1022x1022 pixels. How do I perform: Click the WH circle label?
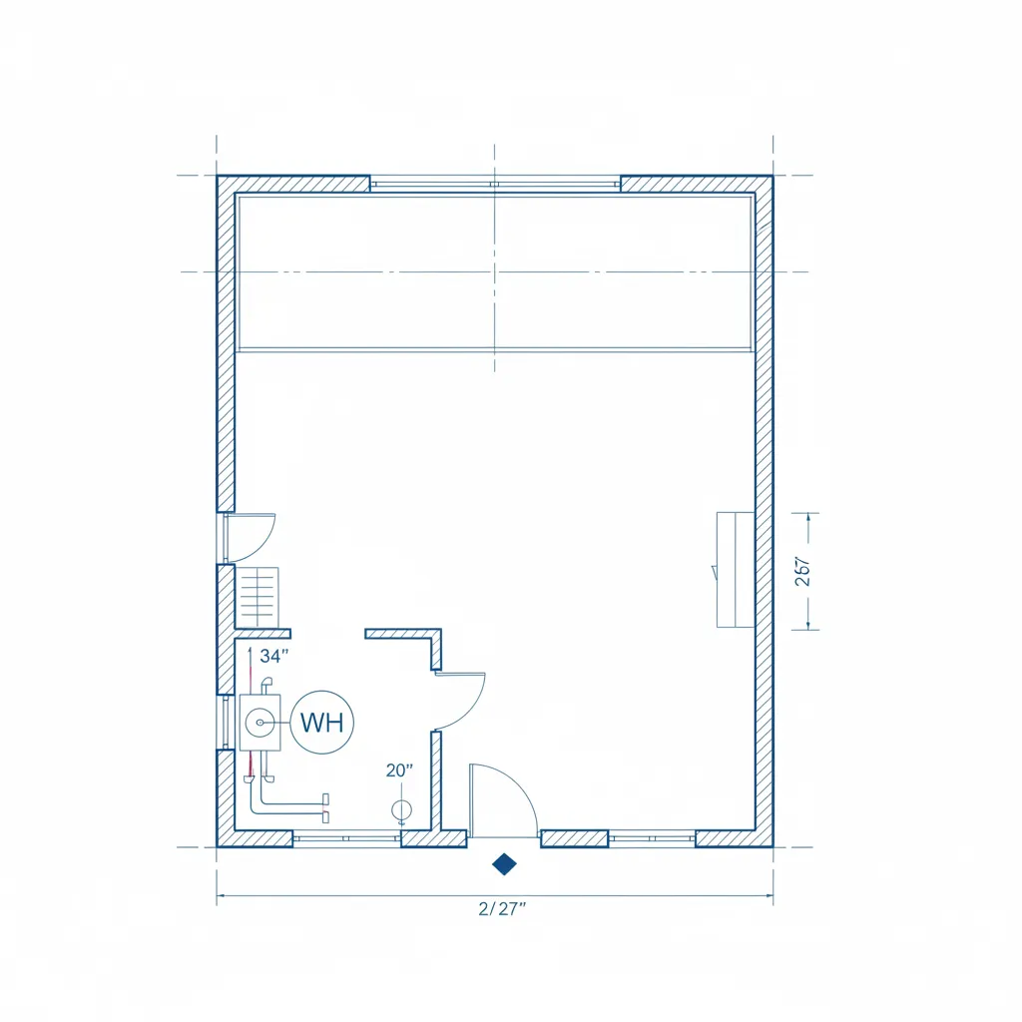click(x=321, y=722)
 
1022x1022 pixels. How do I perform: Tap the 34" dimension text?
click(x=273, y=656)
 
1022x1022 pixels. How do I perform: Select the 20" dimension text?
click(x=399, y=769)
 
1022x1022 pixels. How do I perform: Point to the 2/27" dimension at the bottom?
click(x=501, y=907)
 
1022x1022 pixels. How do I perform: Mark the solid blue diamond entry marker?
click(x=505, y=863)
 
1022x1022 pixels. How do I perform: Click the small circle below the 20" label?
click(x=401, y=809)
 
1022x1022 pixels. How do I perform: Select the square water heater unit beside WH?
click(x=260, y=722)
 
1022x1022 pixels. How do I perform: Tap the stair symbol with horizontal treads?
click(x=258, y=597)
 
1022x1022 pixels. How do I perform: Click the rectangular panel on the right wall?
click(x=735, y=569)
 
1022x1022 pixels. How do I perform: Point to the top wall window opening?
click(x=495, y=184)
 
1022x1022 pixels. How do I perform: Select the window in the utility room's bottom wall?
click(x=346, y=838)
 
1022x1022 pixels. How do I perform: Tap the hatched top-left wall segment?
click(x=293, y=184)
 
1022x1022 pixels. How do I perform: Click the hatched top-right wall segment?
click(x=696, y=184)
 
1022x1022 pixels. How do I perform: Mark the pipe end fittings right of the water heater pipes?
click(x=325, y=799)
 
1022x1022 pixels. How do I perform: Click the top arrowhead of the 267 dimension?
click(x=806, y=516)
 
